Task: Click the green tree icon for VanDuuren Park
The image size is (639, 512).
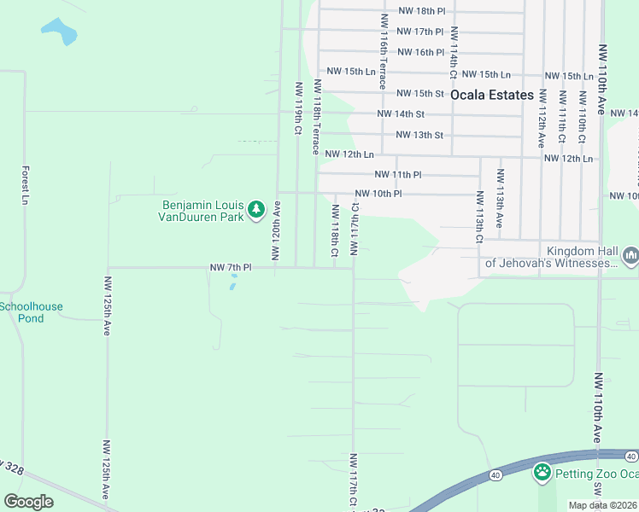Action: [x=255, y=209]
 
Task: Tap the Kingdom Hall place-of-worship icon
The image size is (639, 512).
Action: [x=631, y=255]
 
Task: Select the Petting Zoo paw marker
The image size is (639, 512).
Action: [x=542, y=472]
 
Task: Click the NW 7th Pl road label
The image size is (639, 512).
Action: [x=231, y=268]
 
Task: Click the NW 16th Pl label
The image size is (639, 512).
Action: [x=416, y=52]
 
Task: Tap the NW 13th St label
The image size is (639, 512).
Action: [x=419, y=135]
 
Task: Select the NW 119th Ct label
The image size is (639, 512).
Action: [x=299, y=108]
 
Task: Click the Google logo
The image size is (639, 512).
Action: [x=29, y=502]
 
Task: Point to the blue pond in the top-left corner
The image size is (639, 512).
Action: [x=58, y=32]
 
